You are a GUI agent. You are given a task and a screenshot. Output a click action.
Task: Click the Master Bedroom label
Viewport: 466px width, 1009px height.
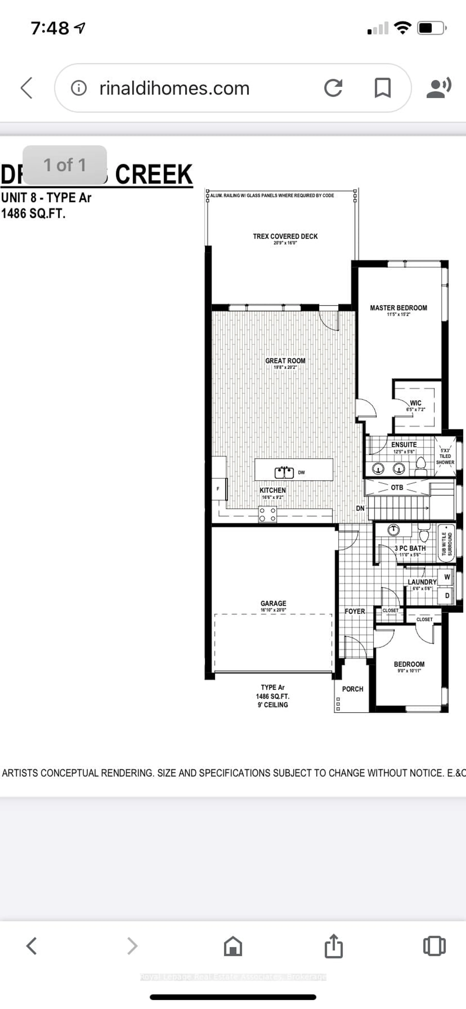click(398, 308)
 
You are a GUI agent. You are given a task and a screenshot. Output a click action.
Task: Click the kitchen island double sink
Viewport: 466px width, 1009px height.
click(284, 472)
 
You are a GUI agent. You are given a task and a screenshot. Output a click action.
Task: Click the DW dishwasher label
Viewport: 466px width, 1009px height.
click(301, 472)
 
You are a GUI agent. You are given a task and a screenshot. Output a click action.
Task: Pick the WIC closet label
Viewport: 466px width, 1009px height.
click(416, 403)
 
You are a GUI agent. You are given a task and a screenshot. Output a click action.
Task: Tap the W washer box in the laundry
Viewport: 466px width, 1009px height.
click(447, 577)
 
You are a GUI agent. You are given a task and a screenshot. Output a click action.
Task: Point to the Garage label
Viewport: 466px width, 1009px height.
click(273, 604)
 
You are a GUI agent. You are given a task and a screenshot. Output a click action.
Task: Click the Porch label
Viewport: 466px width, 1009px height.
click(352, 689)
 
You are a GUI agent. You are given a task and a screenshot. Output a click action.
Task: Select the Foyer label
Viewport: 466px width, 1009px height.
click(355, 611)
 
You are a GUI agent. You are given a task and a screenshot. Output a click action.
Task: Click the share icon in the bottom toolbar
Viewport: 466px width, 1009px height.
click(334, 946)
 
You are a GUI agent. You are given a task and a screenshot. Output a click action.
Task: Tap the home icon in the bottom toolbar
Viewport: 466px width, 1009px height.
click(233, 946)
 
